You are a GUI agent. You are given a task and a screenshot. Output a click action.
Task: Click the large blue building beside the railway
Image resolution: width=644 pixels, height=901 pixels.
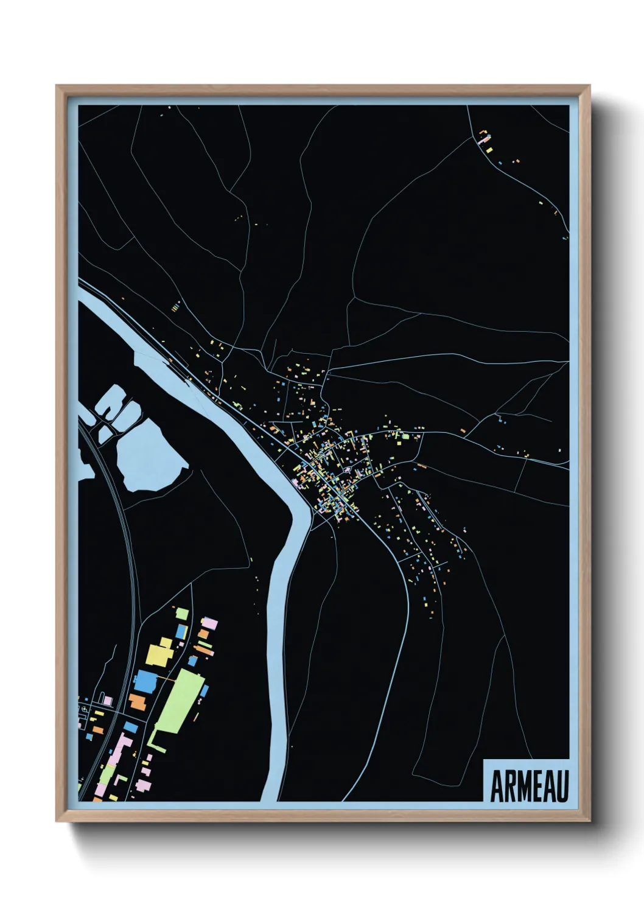(x=145, y=681)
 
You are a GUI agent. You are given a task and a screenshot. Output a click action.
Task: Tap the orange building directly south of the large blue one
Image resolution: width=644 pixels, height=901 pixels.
(x=138, y=702)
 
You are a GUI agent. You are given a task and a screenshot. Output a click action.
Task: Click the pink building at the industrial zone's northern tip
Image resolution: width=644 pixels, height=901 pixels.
(x=209, y=623)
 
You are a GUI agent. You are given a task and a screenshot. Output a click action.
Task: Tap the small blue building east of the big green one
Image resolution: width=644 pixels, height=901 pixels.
(x=205, y=690)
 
